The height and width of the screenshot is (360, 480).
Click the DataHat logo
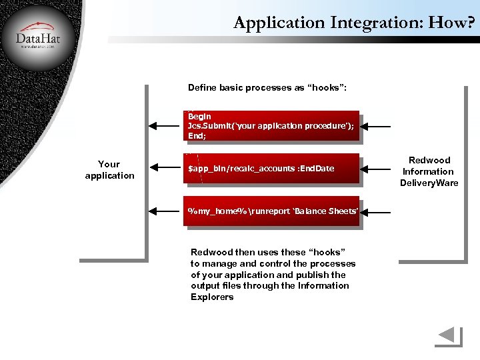(x=37, y=37)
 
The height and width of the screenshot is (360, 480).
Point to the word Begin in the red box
(x=199, y=116)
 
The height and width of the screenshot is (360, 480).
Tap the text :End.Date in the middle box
(x=316, y=169)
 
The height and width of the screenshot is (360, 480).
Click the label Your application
(x=109, y=169)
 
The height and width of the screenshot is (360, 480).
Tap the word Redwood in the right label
(x=429, y=160)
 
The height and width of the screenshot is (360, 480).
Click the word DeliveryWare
(x=429, y=183)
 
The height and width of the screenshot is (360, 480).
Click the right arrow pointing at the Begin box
(x=381, y=125)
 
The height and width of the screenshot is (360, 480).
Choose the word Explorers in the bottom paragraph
(x=212, y=297)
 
